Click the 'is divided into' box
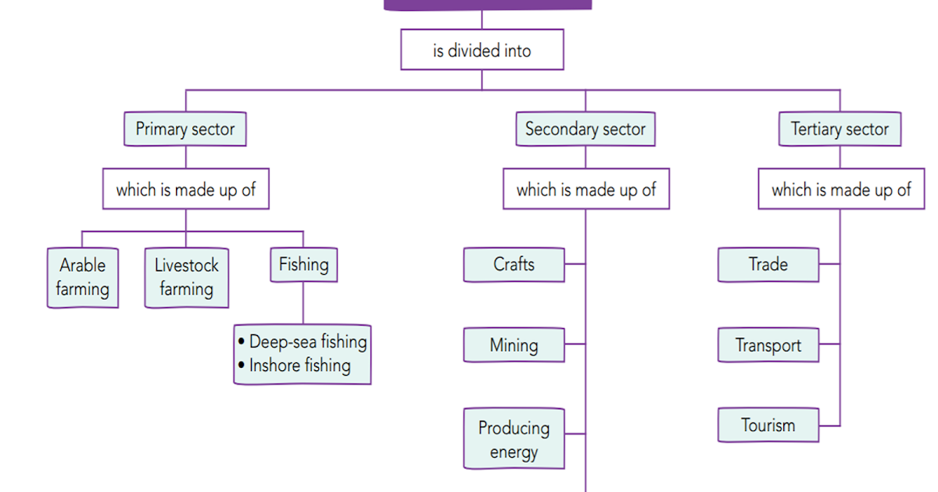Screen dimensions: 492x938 (x=482, y=51)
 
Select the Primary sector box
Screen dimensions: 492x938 (x=185, y=129)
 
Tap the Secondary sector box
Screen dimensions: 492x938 (x=585, y=129)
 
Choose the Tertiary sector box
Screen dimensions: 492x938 (x=840, y=129)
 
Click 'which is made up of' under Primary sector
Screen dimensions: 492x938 (x=185, y=189)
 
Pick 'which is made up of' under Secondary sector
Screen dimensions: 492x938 (x=585, y=189)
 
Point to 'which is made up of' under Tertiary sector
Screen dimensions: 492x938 (x=841, y=189)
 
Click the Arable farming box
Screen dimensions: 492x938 (x=83, y=277)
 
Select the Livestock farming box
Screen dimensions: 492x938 (x=186, y=277)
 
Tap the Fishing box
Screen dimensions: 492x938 (x=303, y=265)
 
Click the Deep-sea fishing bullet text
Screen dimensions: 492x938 (x=307, y=341)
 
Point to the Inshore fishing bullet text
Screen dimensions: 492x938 (x=299, y=365)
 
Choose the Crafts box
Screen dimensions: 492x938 (x=514, y=265)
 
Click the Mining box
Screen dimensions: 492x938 (x=514, y=345)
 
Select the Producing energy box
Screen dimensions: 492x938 (x=514, y=439)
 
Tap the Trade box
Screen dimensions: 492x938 (x=768, y=265)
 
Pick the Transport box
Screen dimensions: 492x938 (x=768, y=345)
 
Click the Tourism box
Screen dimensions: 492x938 (x=768, y=426)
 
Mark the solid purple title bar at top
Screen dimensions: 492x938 (x=488, y=4)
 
